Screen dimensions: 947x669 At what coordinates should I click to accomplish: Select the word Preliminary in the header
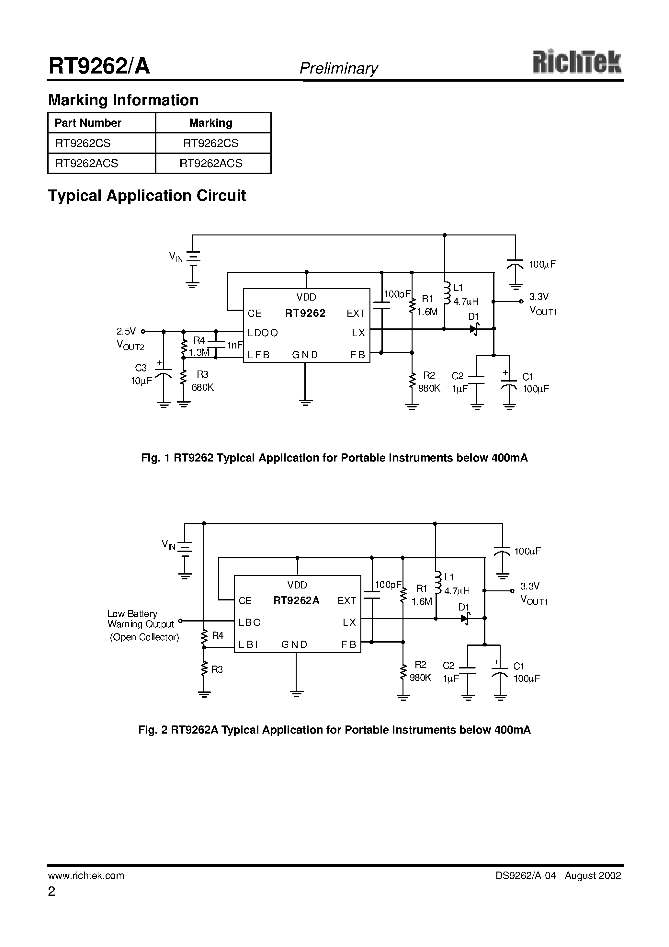tap(338, 68)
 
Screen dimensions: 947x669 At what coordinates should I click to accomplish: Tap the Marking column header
tap(210, 123)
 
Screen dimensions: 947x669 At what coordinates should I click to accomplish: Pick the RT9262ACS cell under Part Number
tap(86, 163)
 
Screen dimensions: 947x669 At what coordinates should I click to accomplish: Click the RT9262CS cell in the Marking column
tap(211, 143)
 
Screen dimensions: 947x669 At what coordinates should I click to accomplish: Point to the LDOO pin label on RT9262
tap(263, 333)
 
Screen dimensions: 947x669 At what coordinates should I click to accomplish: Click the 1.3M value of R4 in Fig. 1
tap(199, 352)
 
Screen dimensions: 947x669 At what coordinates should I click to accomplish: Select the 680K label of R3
tap(202, 387)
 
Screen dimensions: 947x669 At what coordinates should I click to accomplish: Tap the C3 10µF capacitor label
tap(141, 374)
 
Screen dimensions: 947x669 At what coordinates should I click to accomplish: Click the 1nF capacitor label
tap(235, 345)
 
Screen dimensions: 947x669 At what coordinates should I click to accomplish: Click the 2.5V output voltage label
tap(126, 331)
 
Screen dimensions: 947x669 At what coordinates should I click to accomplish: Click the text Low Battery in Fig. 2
tap(132, 614)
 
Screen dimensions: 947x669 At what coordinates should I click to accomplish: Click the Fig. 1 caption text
tap(334, 458)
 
